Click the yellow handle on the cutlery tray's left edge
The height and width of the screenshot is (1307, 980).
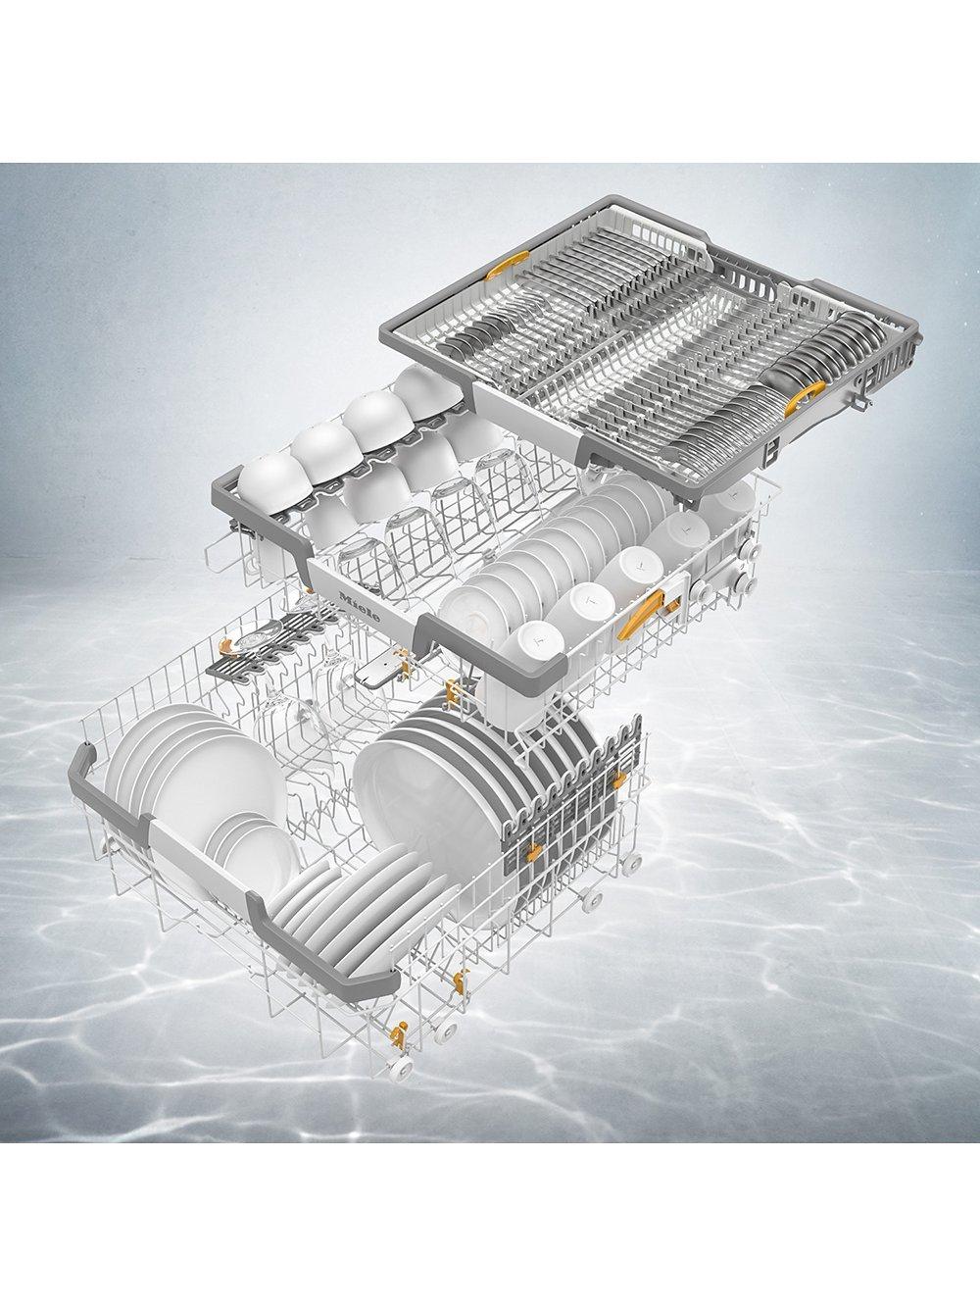[x=508, y=265]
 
